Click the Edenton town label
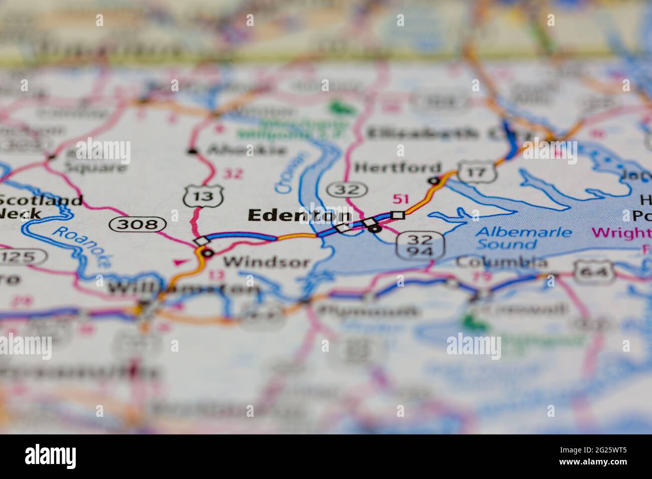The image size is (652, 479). coord(299,215)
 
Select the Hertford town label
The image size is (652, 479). coord(398,167)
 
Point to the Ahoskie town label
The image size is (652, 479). coord(247,149)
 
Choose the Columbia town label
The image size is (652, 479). coord(502,262)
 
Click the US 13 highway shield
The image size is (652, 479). coord(203,195)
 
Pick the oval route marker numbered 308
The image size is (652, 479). coord(137,223)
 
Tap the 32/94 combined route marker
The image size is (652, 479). coord(420,245)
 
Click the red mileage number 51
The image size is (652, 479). coord(401,199)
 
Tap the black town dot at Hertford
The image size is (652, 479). coord(434,180)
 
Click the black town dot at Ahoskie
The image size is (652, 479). coord(192,150)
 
